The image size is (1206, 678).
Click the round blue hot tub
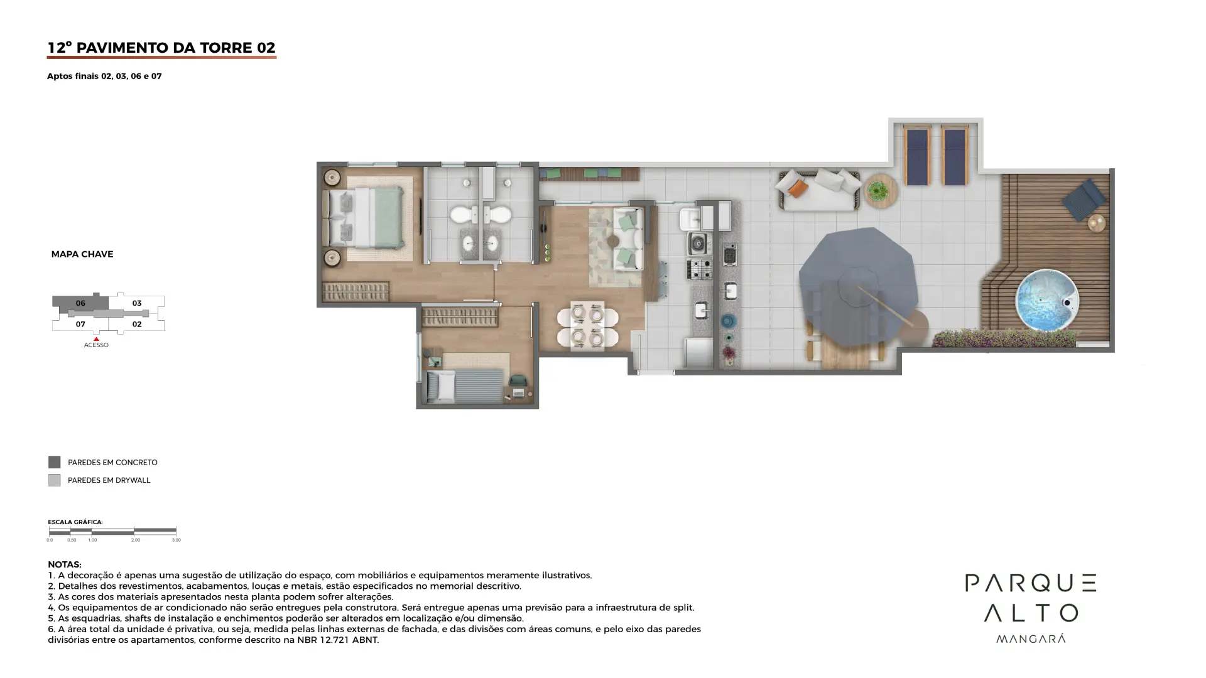(x=1047, y=301)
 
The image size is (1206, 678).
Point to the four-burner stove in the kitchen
(x=699, y=269)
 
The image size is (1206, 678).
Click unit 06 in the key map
(x=80, y=303)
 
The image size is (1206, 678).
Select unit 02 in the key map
(x=137, y=324)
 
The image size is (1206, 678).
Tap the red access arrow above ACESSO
(x=96, y=339)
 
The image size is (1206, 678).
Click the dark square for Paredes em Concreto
(x=55, y=463)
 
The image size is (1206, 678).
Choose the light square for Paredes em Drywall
(x=55, y=480)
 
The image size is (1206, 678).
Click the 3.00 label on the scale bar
(x=176, y=540)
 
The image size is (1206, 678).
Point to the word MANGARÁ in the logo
(x=1031, y=638)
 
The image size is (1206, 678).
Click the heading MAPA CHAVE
(x=82, y=254)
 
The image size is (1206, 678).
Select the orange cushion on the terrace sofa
(x=797, y=188)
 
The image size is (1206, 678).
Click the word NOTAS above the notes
(x=64, y=564)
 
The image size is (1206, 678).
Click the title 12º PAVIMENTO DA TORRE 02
(x=161, y=48)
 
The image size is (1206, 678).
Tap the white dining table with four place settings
(x=587, y=326)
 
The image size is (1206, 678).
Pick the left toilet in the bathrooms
(x=463, y=215)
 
